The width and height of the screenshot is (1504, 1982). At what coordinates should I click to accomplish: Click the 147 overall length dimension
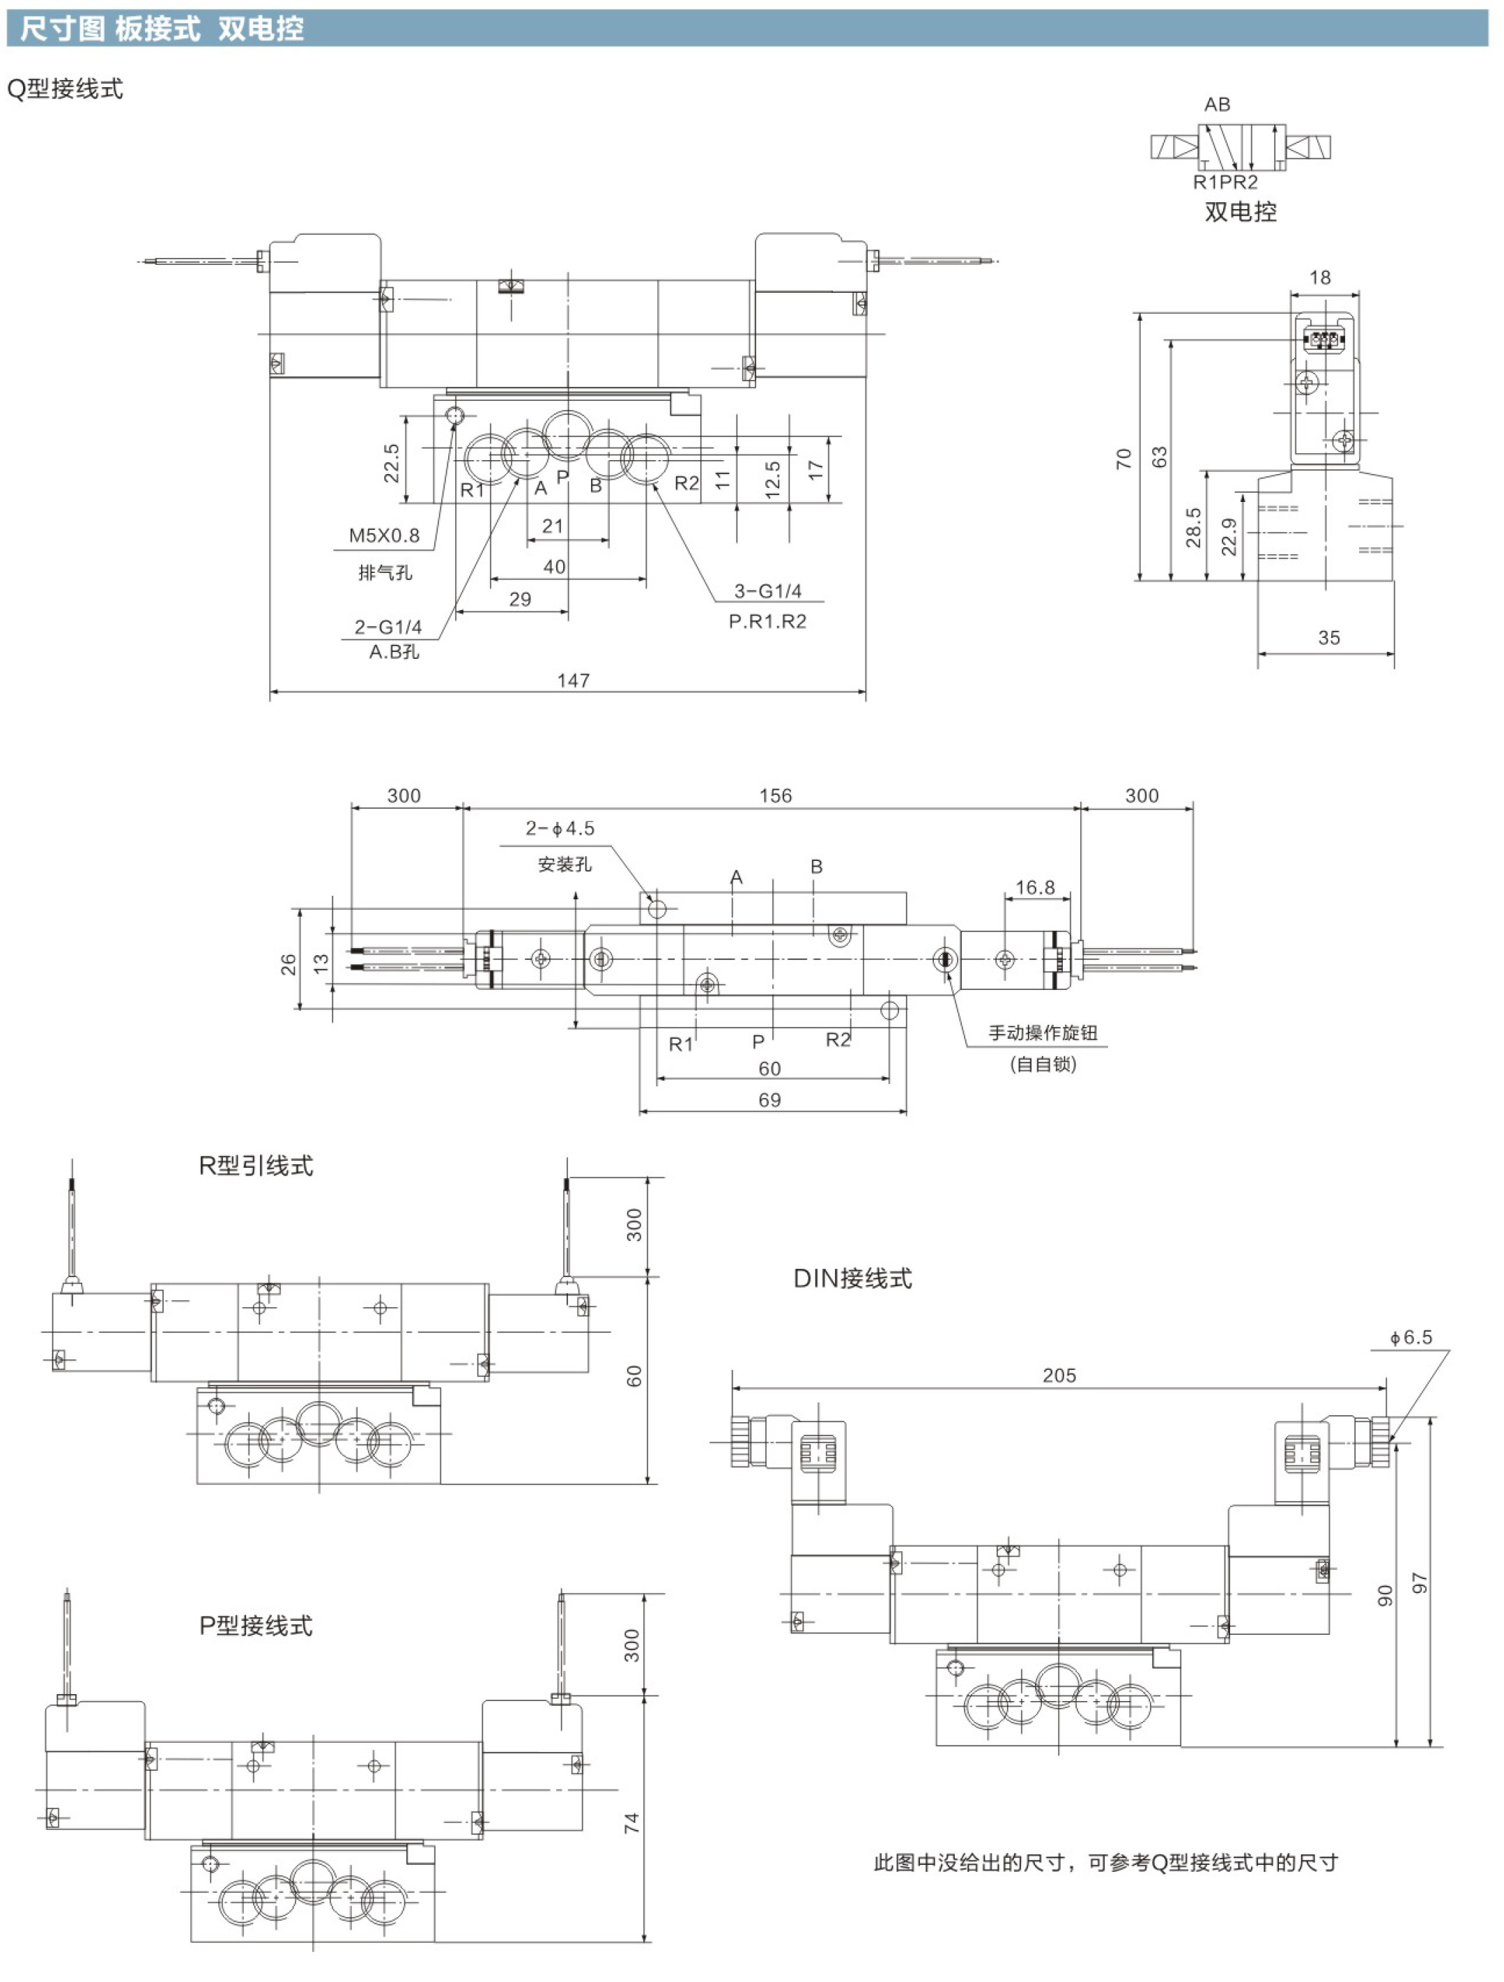click(x=574, y=680)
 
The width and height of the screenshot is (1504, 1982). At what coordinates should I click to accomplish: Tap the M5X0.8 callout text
click(x=384, y=536)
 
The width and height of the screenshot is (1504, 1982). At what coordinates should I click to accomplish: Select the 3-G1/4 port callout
click(x=767, y=591)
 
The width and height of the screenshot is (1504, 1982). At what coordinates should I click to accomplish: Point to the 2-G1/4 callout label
click(x=388, y=627)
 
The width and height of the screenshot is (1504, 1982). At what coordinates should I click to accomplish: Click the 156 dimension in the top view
click(x=775, y=795)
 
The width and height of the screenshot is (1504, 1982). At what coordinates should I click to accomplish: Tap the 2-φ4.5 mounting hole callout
click(x=560, y=829)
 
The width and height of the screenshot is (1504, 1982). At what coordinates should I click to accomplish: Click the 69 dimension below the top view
click(x=769, y=1100)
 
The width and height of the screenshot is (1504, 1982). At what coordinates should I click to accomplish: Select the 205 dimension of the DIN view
click(x=1059, y=1375)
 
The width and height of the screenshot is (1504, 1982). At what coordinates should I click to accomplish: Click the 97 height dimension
click(x=1419, y=1583)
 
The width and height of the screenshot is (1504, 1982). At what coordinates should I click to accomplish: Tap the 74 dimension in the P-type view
click(x=631, y=1822)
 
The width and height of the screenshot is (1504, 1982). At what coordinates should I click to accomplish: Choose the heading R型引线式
click(x=256, y=1166)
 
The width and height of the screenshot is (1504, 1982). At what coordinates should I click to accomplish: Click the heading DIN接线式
click(x=853, y=1279)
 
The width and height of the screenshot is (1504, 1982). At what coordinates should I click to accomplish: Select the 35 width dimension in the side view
click(x=1328, y=638)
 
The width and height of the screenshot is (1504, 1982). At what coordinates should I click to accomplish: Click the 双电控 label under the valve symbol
click(x=1241, y=211)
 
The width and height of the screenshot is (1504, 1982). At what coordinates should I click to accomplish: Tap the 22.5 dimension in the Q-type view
click(x=392, y=463)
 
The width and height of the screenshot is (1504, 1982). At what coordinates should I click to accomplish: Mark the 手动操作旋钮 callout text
click(x=1043, y=1033)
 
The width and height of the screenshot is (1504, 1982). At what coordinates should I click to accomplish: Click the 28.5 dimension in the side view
click(x=1193, y=527)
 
